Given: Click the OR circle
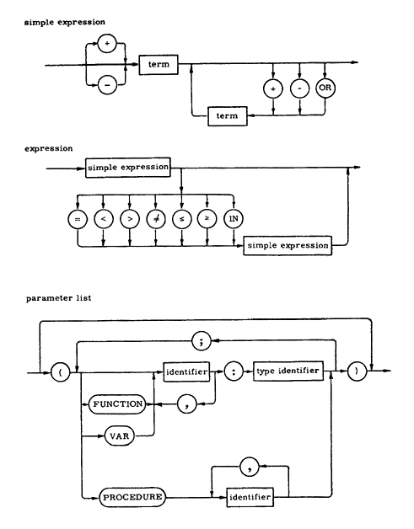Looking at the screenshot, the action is (x=325, y=88).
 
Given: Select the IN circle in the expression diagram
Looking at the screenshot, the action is (x=234, y=219).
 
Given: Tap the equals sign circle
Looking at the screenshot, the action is (x=78, y=219).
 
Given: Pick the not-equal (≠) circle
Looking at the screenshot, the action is (x=156, y=219).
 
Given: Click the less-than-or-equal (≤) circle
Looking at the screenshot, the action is (x=181, y=219).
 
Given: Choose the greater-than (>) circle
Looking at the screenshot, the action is (x=130, y=219).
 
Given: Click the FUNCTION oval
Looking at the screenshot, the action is (x=117, y=403).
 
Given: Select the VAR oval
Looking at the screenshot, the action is (x=120, y=435).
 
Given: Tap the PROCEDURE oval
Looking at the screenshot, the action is (x=132, y=497).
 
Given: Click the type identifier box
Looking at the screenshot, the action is (x=288, y=371).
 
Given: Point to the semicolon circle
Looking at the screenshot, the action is (x=202, y=341).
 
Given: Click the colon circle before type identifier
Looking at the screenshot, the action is (x=234, y=371).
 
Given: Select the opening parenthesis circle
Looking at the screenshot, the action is (x=61, y=373).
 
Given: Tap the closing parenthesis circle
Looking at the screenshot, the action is (x=357, y=371).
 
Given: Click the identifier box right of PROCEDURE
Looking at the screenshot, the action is (x=250, y=497).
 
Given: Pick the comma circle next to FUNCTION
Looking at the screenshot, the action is (x=186, y=403).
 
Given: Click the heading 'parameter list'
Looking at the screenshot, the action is (x=59, y=298).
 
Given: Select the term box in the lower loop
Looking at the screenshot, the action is (x=228, y=116).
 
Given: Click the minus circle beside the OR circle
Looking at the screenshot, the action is (x=299, y=88).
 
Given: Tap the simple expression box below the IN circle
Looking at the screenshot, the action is (x=288, y=246).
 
